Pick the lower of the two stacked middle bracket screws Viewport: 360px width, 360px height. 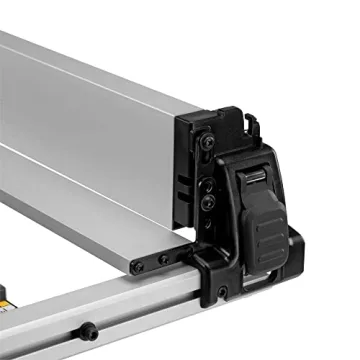(x=207, y=202)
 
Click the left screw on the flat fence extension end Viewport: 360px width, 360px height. (x=138, y=267)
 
